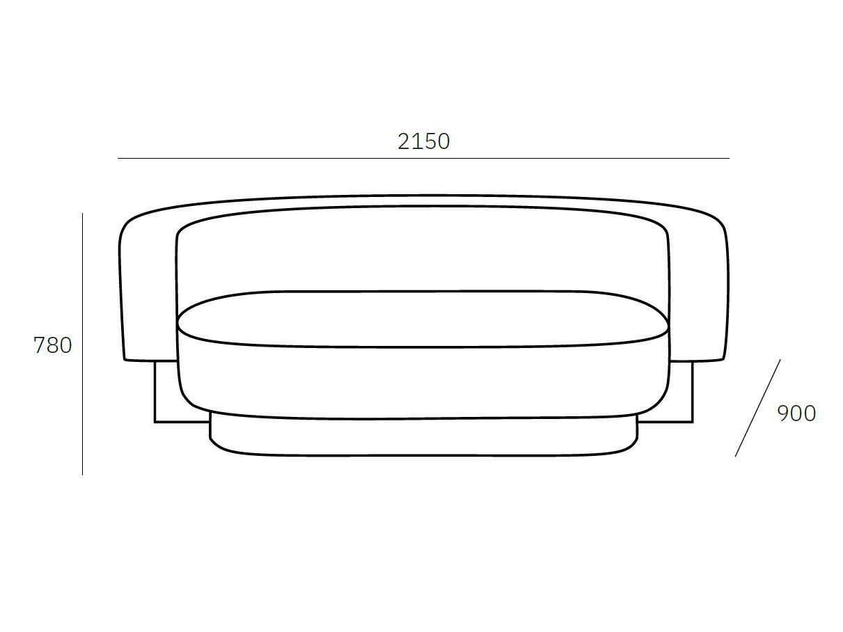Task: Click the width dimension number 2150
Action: [x=423, y=141]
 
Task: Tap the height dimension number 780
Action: [x=53, y=345]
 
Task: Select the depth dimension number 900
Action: [x=796, y=413]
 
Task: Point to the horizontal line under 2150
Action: [x=423, y=159]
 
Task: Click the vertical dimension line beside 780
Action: [x=82, y=345]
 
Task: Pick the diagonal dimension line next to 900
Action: [x=757, y=409]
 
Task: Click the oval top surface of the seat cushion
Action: [x=423, y=319]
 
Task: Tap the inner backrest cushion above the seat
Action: [x=423, y=251]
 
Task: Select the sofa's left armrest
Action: [x=148, y=292]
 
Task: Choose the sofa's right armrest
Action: [x=698, y=292]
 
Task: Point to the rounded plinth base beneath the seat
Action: [x=423, y=438]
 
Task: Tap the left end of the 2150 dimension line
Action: [x=118, y=159]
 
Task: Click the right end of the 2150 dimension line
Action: [x=729, y=159]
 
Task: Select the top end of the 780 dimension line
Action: [x=82, y=214]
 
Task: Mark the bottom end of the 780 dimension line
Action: [x=82, y=475]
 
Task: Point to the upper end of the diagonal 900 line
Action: [x=780, y=361]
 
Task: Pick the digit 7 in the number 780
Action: [x=40, y=345]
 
